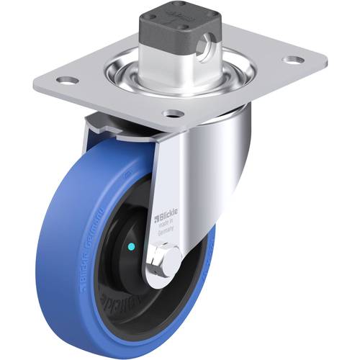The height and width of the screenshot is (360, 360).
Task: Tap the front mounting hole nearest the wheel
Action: point(171,113)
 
